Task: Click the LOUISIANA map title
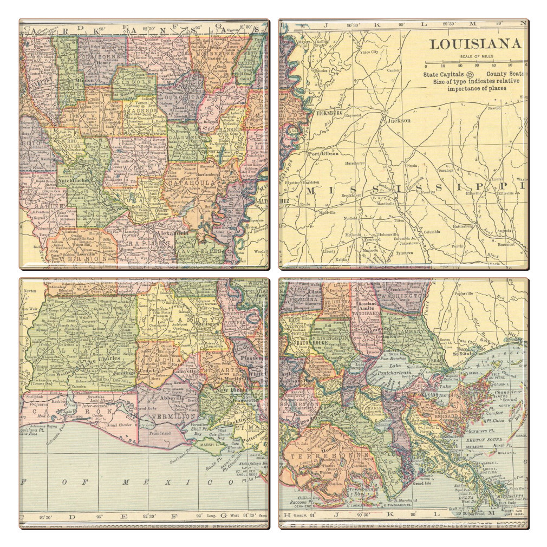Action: pos(475,44)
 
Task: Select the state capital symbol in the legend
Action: pos(470,74)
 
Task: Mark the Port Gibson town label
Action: pos(323,153)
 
